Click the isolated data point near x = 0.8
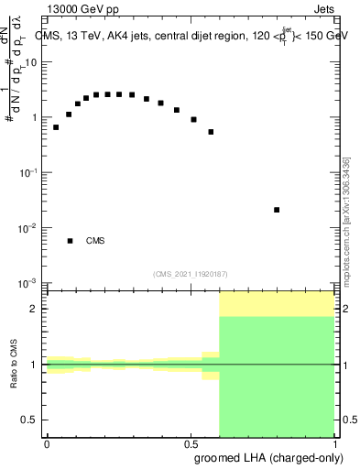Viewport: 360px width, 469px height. pyautogui.click(x=277, y=210)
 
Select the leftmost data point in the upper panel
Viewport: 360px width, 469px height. pyautogui.click(x=56, y=127)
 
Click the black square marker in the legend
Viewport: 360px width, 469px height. pyautogui.click(x=70, y=241)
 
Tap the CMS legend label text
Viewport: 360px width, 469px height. pyautogui.click(x=95, y=241)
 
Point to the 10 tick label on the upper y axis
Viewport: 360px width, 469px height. pyautogui.click(x=30, y=62)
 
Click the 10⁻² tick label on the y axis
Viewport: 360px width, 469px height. pyautogui.click(x=29, y=227)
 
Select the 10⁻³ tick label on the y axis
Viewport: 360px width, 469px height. pyautogui.click(x=29, y=282)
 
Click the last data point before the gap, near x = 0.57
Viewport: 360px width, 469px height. pyautogui.click(x=211, y=132)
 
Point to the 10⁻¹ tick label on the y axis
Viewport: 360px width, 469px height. pyautogui.click(x=29, y=172)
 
